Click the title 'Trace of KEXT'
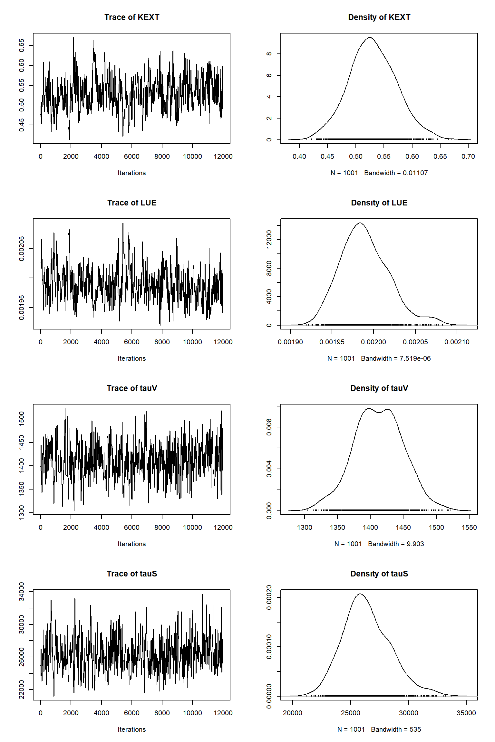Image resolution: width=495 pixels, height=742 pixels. pos(132,17)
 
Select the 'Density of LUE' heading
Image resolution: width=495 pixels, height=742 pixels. pos(379,203)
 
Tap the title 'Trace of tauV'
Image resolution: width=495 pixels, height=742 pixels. pos(132,388)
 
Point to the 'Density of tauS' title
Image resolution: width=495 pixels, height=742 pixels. pos(379,574)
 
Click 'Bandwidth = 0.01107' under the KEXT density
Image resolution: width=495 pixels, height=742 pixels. pos(396,173)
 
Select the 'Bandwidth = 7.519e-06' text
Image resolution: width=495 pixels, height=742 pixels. pos(396,358)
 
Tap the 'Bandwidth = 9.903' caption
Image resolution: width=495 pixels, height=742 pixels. pos(396,544)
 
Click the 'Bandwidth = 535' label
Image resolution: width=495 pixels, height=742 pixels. pos(396,729)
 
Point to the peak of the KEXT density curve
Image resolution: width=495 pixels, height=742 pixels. pos(370,37)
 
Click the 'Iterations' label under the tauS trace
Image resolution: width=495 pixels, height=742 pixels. pos(131,729)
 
